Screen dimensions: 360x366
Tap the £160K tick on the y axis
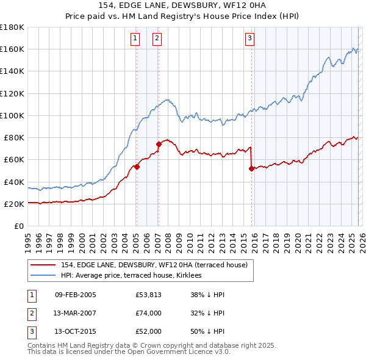click(x=12, y=49)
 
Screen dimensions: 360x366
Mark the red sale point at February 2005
click(x=137, y=167)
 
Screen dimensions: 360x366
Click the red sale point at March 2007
click(x=159, y=144)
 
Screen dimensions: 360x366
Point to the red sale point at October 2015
click(x=251, y=168)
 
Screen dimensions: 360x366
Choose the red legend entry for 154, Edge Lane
click(x=154, y=265)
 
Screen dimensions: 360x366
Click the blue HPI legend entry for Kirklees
click(x=135, y=276)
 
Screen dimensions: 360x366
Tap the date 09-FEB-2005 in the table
click(x=75, y=295)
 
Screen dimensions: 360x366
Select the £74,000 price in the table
click(x=149, y=314)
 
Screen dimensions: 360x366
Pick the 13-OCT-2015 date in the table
click(x=75, y=333)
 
